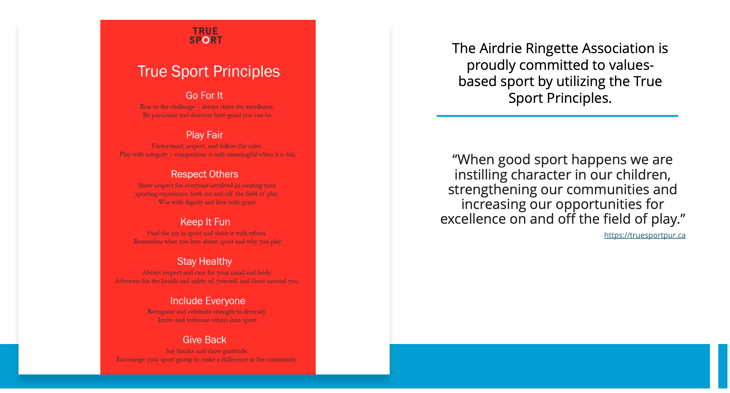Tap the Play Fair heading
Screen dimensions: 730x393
[x=205, y=135]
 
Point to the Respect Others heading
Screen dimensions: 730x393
[x=205, y=174]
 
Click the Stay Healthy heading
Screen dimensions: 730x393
[x=205, y=261]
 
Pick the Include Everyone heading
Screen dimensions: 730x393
[x=208, y=301]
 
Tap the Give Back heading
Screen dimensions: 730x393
[x=205, y=340]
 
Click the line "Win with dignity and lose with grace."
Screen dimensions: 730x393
[x=208, y=203]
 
